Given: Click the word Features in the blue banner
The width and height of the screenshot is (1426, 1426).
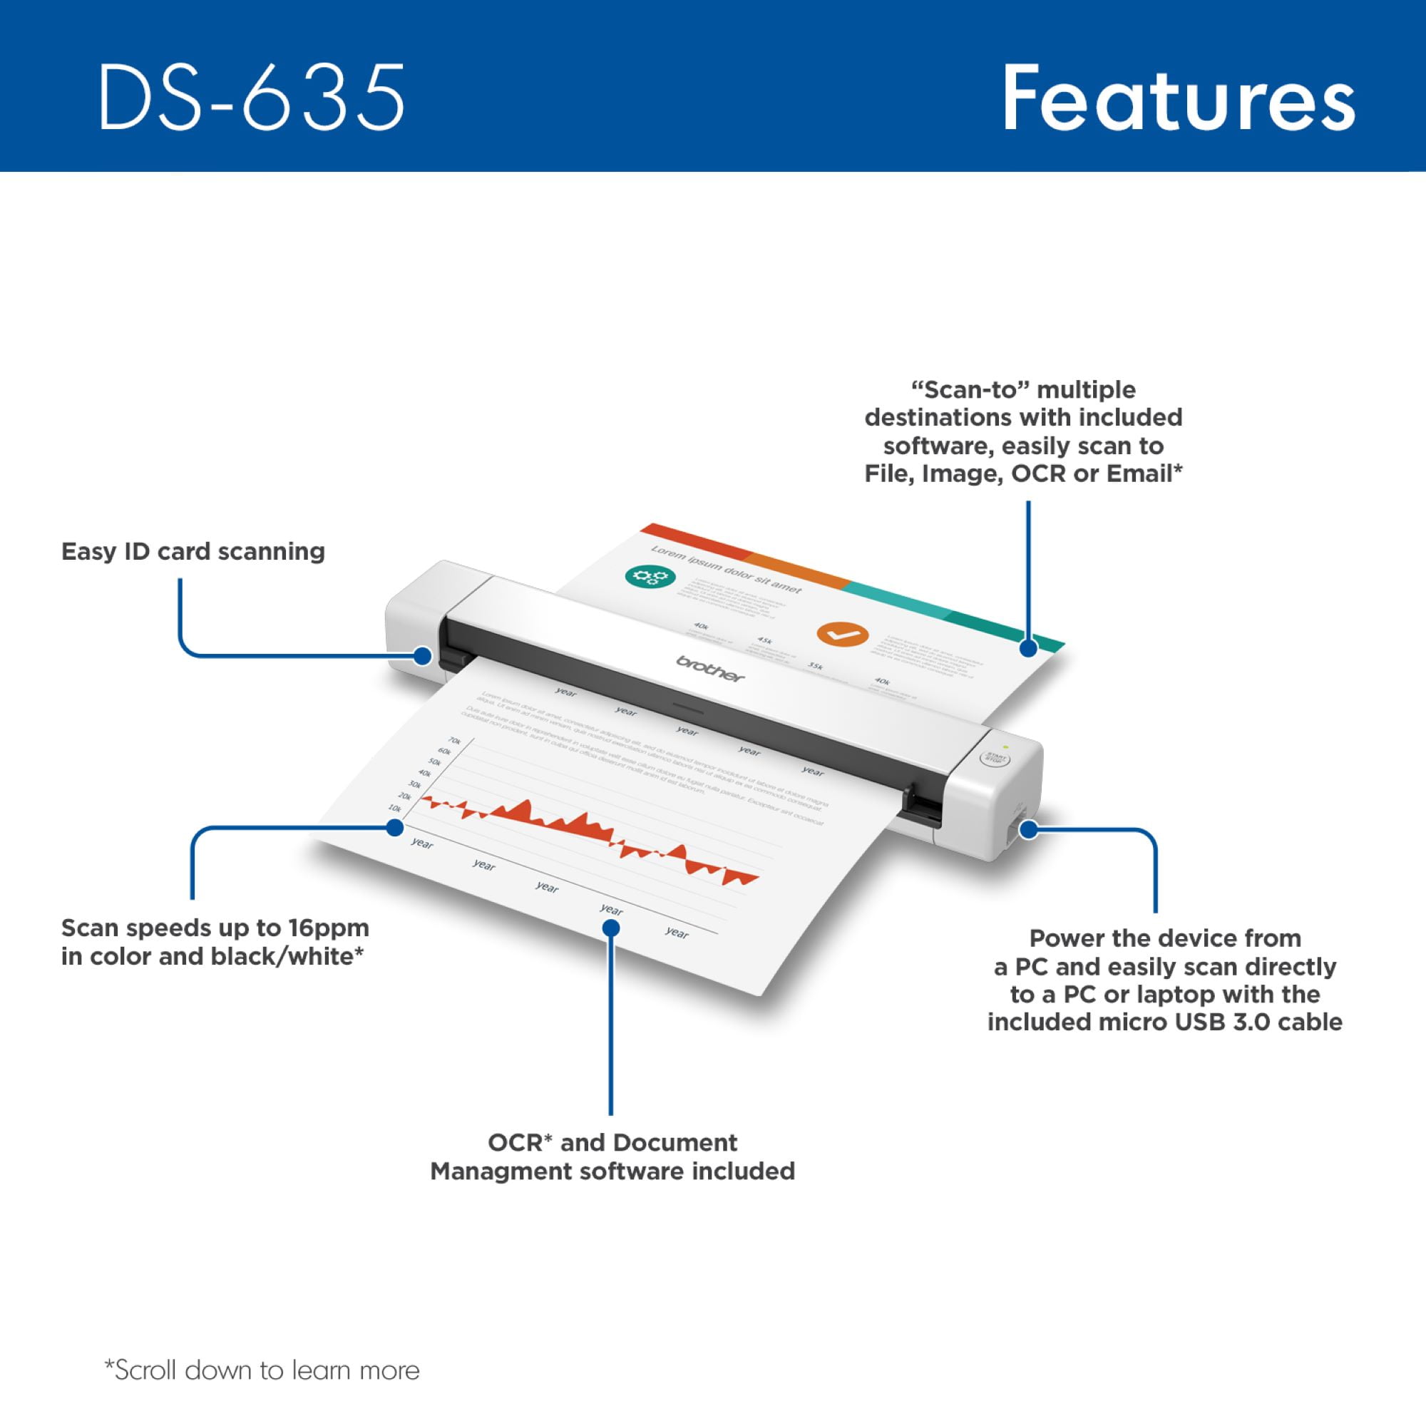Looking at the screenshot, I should pyautogui.click(x=1178, y=98).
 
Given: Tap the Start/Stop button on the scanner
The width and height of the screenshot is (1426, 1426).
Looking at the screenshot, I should pyautogui.click(x=995, y=757).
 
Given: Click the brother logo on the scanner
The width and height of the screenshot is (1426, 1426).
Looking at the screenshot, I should pyautogui.click(x=711, y=668).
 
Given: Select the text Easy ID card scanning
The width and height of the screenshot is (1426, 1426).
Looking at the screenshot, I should pyautogui.click(x=193, y=551).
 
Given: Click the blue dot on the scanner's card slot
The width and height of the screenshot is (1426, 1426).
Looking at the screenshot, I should pyautogui.click(x=422, y=655).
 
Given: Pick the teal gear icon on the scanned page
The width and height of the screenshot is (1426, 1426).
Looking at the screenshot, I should pyautogui.click(x=650, y=576).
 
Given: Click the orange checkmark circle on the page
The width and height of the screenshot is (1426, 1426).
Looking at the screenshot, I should pyautogui.click(x=842, y=633).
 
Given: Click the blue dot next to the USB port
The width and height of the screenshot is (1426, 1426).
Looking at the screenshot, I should pyautogui.click(x=1029, y=830).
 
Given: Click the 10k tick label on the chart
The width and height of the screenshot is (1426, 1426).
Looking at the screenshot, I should pyautogui.click(x=395, y=809).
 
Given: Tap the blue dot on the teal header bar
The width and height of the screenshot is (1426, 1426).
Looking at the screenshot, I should pyautogui.click(x=1028, y=649).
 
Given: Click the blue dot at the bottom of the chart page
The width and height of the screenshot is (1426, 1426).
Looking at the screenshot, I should pyautogui.click(x=610, y=927).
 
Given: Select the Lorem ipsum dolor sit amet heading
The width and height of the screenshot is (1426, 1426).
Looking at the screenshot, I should pyautogui.click(x=725, y=570).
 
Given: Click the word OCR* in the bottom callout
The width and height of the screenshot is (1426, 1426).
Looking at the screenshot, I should pyautogui.click(x=520, y=1142).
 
